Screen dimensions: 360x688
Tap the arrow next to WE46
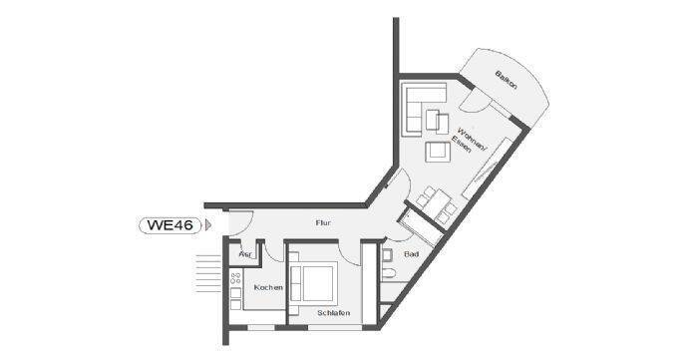coord(207,224)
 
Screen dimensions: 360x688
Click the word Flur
coord(322,222)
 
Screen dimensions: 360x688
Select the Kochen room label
coord(267,287)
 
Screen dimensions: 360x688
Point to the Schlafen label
coord(332,312)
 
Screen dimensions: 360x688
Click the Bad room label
coord(411,254)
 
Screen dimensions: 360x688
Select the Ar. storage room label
coord(244,254)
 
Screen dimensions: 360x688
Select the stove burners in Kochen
coord(236,286)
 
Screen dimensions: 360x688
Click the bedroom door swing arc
coord(346,251)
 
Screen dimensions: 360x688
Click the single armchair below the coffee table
coord(436,152)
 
